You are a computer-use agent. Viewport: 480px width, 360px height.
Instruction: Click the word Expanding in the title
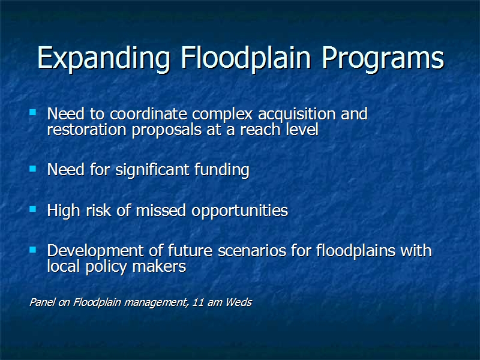click(103, 59)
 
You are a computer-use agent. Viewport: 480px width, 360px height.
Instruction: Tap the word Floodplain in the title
click(245, 59)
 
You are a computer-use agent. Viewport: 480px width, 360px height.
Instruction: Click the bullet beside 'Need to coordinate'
click(33, 112)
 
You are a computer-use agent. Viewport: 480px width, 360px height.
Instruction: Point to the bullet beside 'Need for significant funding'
click(33, 169)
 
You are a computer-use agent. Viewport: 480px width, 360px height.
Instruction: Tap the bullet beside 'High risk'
click(33, 209)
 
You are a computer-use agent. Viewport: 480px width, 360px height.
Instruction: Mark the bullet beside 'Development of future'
click(33, 250)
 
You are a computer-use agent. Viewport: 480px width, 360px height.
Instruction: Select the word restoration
click(86, 130)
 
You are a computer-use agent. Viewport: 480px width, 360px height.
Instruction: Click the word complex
click(223, 115)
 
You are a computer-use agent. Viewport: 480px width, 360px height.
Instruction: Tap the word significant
click(152, 170)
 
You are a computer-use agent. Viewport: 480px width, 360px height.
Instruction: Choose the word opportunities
click(239, 211)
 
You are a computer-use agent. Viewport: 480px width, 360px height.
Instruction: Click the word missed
click(161, 211)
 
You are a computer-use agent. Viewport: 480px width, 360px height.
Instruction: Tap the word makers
click(159, 266)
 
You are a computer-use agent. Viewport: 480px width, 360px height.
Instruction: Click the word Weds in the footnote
click(239, 302)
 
